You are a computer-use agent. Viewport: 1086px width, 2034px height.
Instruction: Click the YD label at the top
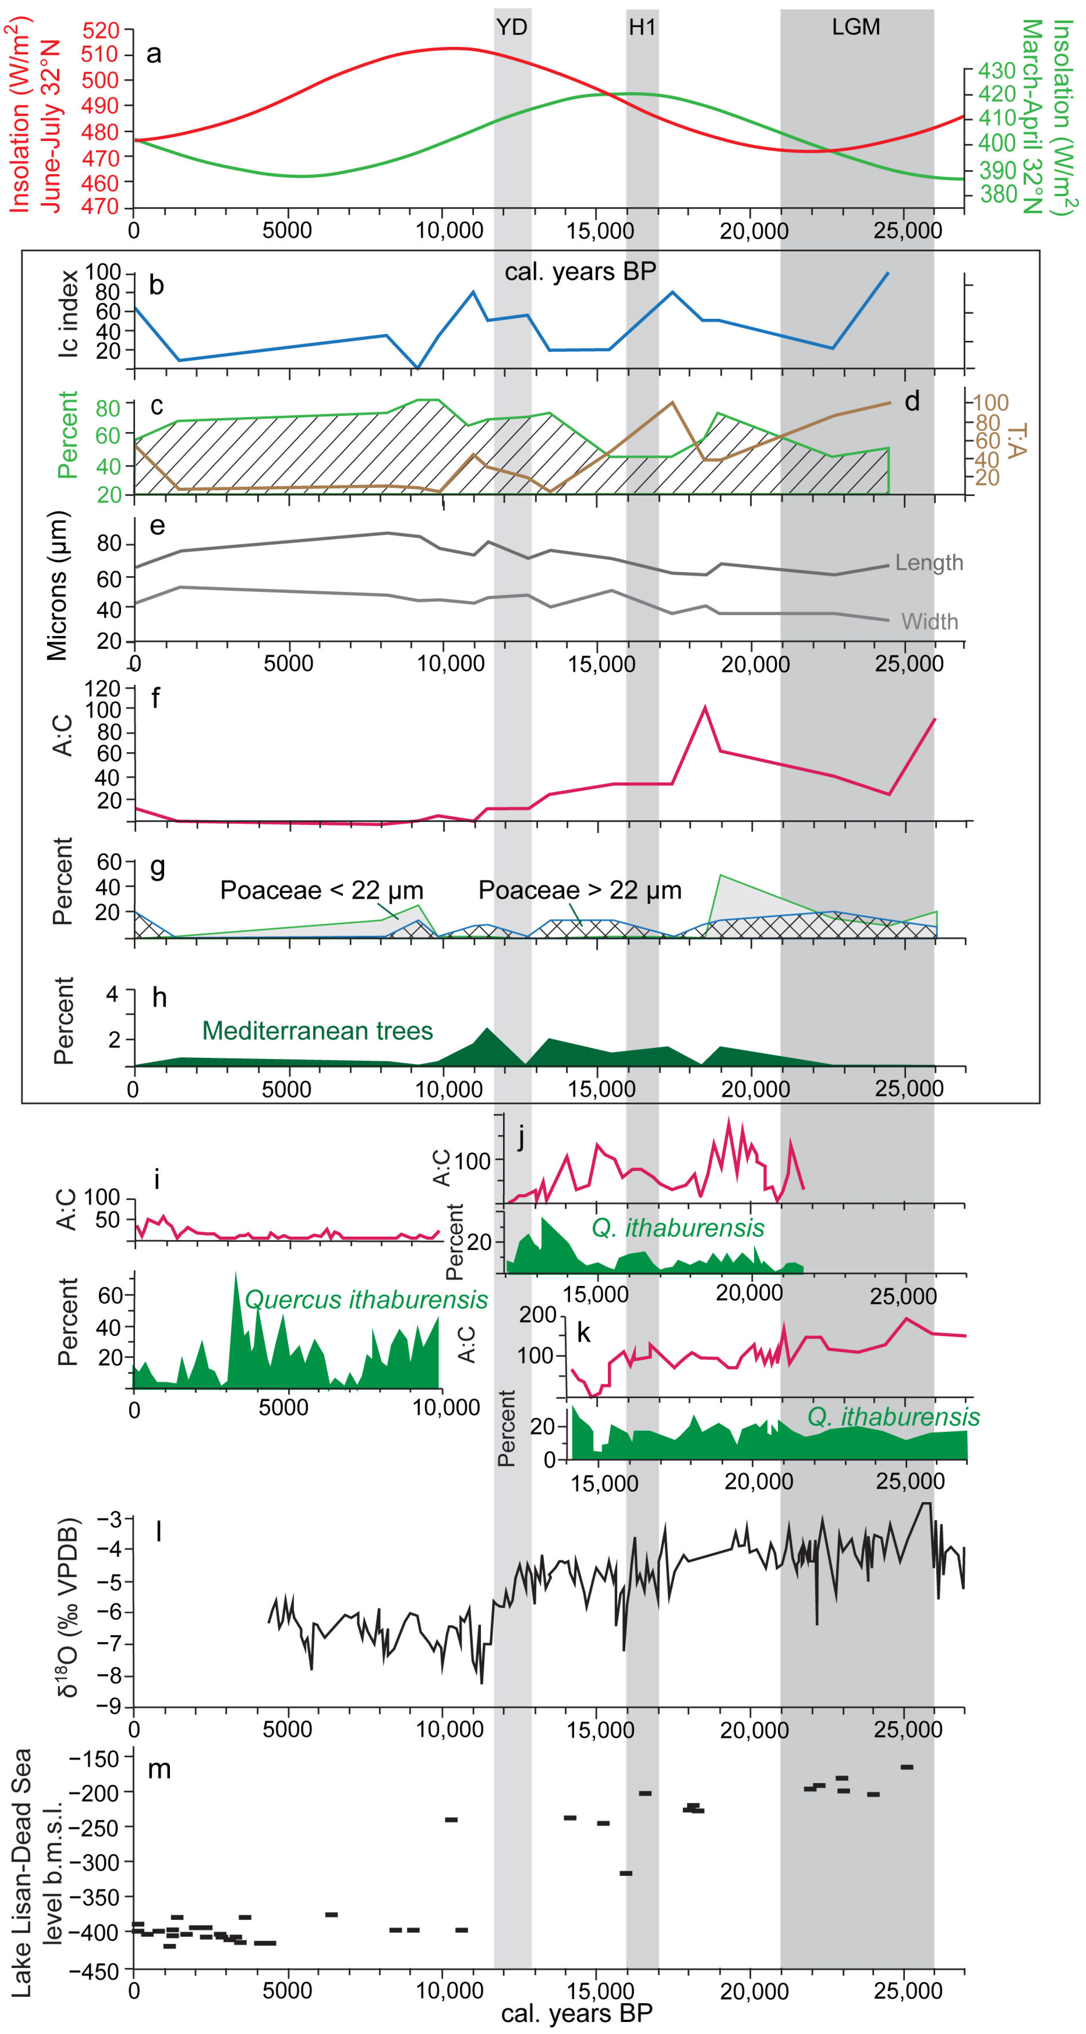pyautogui.click(x=512, y=27)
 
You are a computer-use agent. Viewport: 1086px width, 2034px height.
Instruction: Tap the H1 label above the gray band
pyautogui.click(x=642, y=27)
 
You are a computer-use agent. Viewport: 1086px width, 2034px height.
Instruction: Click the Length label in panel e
pyautogui.click(x=929, y=562)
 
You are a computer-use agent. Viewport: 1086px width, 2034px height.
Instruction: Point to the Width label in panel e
pyautogui.click(x=930, y=621)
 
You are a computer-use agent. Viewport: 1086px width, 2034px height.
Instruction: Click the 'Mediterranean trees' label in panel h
pyautogui.click(x=318, y=1030)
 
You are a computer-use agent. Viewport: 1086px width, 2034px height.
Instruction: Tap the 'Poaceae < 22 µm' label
pyautogui.click(x=322, y=890)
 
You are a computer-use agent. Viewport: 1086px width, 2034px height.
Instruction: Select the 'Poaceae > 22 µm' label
pyautogui.click(x=580, y=890)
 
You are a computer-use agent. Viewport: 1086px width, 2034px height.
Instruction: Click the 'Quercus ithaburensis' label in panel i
pyautogui.click(x=366, y=1299)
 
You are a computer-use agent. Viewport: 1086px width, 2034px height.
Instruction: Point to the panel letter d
pyautogui.click(x=912, y=401)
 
